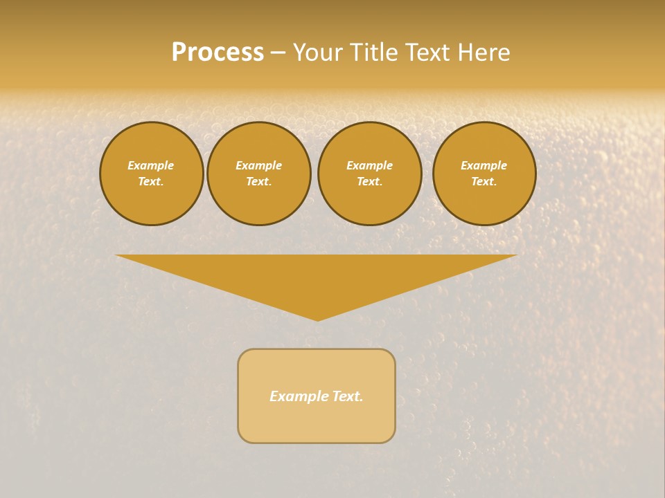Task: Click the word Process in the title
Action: click(218, 53)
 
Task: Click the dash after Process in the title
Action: click(278, 53)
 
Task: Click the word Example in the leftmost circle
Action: click(151, 165)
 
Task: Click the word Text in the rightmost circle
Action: click(484, 181)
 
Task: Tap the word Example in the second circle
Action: click(258, 165)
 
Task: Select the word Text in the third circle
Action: click(369, 181)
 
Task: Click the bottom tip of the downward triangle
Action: click(317, 319)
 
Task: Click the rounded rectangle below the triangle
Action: click(317, 422)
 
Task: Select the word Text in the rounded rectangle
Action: click(347, 396)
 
